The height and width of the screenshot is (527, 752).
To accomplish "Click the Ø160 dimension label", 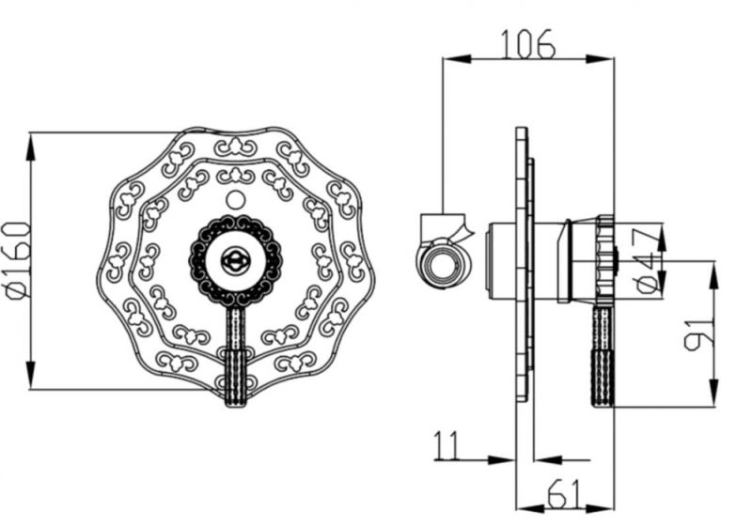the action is [18, 260].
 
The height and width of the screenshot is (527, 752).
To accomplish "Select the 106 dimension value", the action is [528, 43].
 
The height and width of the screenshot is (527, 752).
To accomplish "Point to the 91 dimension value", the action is [698, 333].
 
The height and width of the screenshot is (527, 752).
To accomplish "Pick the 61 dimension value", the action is [565, 493].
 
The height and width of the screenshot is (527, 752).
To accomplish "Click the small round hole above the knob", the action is [235, 200].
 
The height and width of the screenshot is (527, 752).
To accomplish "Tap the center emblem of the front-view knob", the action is [235, 261].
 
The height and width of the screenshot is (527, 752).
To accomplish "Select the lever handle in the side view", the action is [603, 355].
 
